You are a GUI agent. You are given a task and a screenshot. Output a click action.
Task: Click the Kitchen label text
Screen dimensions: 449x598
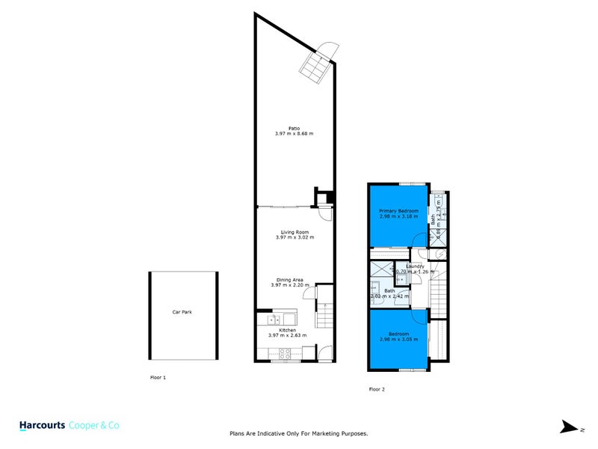[x=288, y=330]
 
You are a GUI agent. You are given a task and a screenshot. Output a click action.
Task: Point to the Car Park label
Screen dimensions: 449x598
[x=182, y=311]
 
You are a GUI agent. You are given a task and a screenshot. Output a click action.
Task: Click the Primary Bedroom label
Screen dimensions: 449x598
[x=398, y=211]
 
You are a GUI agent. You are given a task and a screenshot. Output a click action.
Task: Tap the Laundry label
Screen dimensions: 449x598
[x=416, y=266]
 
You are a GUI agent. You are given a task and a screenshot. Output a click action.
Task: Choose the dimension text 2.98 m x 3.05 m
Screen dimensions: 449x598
[x=398, y=339]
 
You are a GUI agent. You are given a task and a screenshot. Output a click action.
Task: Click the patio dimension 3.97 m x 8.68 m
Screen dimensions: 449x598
[x=294, y=134]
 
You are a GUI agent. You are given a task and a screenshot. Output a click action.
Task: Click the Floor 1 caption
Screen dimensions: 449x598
[x=158, y=378]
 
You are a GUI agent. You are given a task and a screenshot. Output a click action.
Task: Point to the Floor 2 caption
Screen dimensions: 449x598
[x=377, y=389]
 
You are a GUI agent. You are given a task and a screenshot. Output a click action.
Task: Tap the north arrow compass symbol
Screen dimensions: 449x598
[x=571, y=427]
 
